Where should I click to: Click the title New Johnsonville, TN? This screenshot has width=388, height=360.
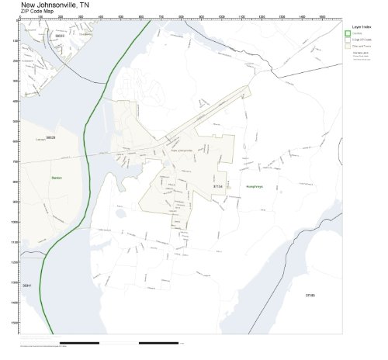pos(54,5)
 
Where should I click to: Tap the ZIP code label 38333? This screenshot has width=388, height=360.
pos(60,35)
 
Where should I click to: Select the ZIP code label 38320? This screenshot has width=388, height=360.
pos(50,137)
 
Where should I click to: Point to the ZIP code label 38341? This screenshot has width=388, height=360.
pos(27,286)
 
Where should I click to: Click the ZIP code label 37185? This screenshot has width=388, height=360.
pos(310,296)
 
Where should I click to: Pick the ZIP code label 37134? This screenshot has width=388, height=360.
pos(217,186)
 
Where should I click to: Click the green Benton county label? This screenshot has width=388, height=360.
pos(56,178)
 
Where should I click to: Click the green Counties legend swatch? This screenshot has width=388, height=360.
pos(348,33)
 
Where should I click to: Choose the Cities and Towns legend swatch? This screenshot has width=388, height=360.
pos(348,46)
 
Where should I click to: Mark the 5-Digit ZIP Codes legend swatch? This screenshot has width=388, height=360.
pos(348,39)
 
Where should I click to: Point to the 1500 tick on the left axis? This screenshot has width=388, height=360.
pos(16,322)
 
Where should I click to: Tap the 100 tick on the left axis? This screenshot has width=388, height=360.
pos(16,40)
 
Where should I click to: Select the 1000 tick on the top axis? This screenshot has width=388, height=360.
pos(221,16)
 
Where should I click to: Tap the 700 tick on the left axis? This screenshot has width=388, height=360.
pos(16,161)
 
